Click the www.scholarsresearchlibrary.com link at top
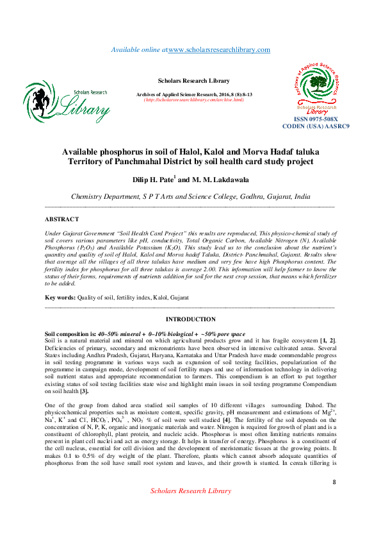219,50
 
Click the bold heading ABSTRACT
61,219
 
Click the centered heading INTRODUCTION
190,319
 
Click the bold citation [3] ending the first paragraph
83,391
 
